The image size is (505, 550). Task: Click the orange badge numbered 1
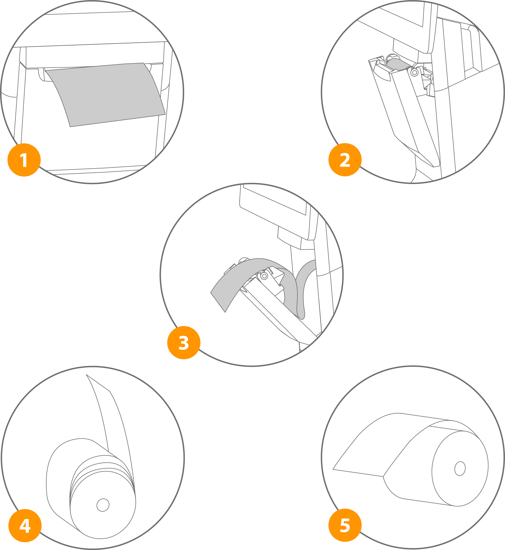pyautogui.click(x=24, y=160)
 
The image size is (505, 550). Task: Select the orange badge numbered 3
pyautogui.click(x=184, y=342)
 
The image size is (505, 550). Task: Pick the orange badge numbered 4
pyautogui.click(x=25, y=525)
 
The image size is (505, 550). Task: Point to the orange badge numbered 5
pyautogui.click(x=345, y=525)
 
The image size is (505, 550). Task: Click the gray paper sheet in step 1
pyautogui.click(x=105, y=94)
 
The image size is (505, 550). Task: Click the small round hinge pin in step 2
pyautogui.click(x=414, y=73)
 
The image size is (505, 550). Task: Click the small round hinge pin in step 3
pyautogui.click(x=264, y=276)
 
